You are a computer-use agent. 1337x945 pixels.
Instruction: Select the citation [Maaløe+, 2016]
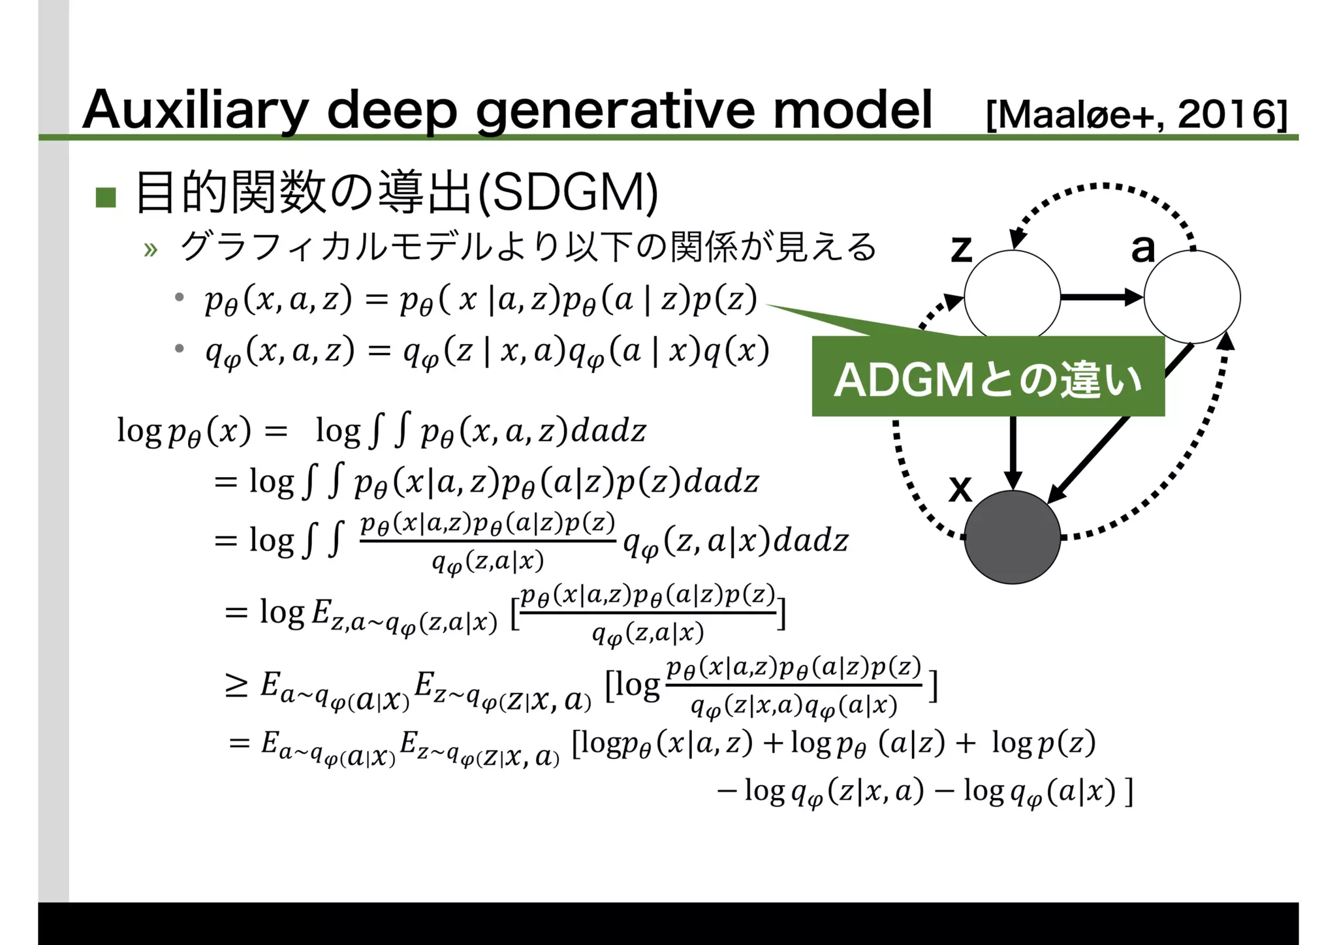click(x=1136, y=115)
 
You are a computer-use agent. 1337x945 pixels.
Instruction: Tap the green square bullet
click(x=106, y=197)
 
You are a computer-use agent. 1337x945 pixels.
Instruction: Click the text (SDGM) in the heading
click(x=567, y=193)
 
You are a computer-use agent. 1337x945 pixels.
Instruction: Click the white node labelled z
click(x=1012, y=297)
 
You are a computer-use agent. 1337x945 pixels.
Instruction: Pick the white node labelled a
click(x=1191, y=297)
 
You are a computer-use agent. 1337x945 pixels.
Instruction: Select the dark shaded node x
click(x=1012, y=537)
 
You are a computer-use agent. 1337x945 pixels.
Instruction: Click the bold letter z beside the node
click(x=961, y=248)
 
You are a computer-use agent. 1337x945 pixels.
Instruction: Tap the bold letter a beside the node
click(x=1142, y=248)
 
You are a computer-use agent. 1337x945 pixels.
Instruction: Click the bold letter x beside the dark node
click(x=960, y=488)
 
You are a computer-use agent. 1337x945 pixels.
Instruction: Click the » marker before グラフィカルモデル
click(x=151, y=249)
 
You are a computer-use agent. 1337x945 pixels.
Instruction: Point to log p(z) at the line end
click(x=1043, y=743)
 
